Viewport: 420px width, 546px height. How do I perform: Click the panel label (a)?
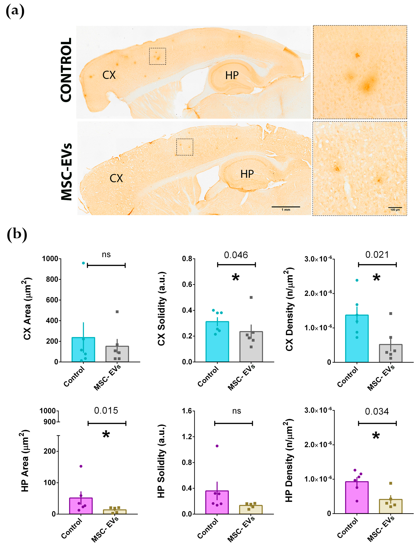[x=15, y=11]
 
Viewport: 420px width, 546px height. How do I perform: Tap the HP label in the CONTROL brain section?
[x=232, y=75]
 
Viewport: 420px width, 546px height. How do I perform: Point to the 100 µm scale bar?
[x=395, y=208]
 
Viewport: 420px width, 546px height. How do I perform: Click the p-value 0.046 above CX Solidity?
[x=236, y=255]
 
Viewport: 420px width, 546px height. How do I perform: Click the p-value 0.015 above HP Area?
[x=106, y=411]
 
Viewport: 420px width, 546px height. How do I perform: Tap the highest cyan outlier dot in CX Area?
[x=83, y=263]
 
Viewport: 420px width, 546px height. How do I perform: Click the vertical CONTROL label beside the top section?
[x=66, y=70]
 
